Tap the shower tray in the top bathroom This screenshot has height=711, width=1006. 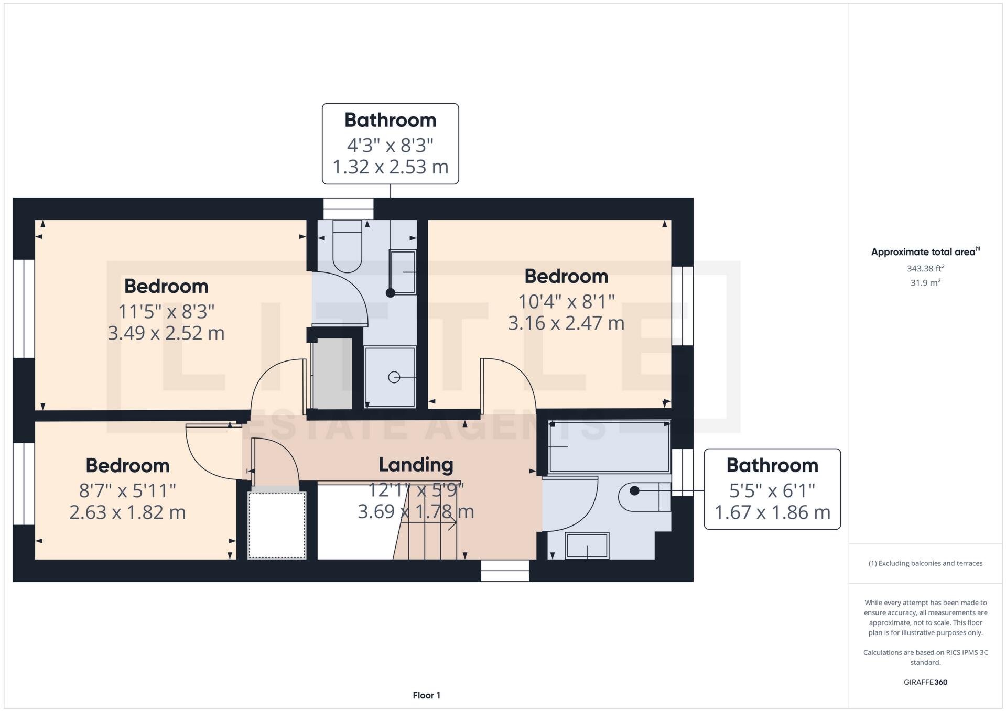(x=390, y=377)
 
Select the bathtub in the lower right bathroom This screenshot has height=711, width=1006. (x=609, y=446)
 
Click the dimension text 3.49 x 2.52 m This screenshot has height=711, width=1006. (x=166, y=333)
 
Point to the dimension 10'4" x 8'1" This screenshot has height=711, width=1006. (x=566, y=302)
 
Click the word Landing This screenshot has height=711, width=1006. (x=416, y=465)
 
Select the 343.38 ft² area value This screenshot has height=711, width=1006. (x=925, y=268)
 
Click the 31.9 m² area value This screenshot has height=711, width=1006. (x=925, y=283)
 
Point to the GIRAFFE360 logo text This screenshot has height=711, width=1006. (x=925, y=682)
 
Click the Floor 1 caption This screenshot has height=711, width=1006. (x=426, y=695)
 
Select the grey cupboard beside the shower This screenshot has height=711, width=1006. (x=332, y=374)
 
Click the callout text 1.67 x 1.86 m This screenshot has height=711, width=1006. (x=772, y=512)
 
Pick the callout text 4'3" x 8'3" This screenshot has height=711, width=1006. (x=390, y=145)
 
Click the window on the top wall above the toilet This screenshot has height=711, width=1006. (x=348, y=209)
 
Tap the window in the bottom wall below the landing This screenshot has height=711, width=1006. (x=505, y=571)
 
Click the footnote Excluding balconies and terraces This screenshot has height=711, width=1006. (x=925, y=563)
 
